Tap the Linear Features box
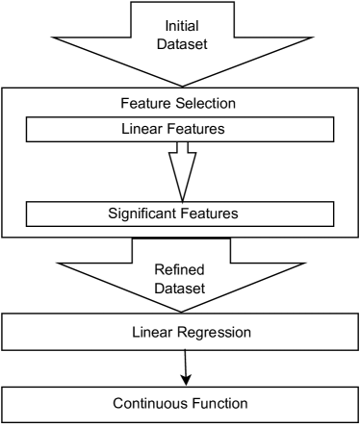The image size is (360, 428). pos(180,129)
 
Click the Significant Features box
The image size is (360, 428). pos(180,213)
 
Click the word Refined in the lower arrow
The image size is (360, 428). pos(180,269)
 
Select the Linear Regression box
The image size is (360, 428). pos(180,332)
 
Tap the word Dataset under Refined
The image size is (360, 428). pos(180,289)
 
